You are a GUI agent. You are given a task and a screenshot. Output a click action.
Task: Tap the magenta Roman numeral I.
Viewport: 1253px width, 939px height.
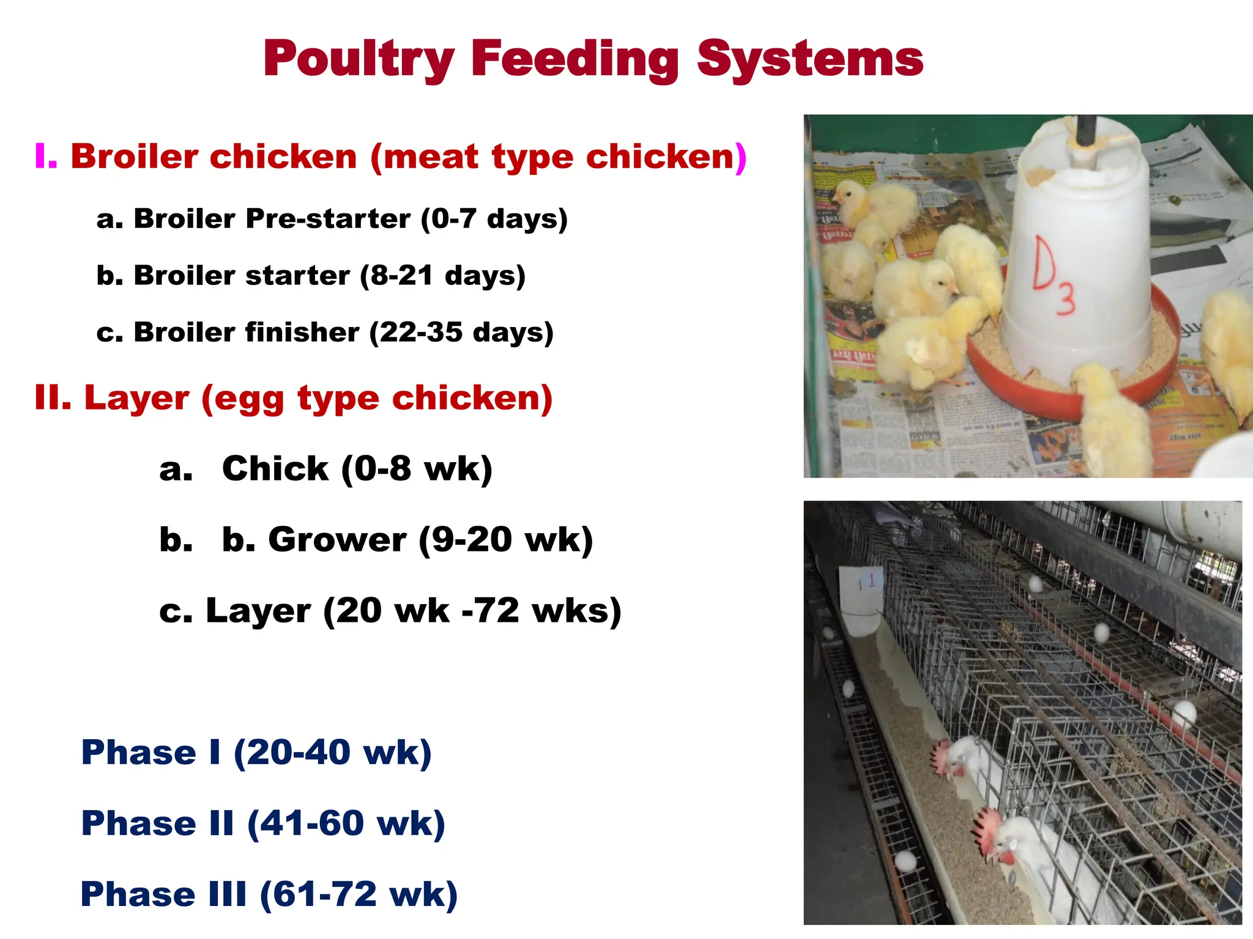click(46, 156)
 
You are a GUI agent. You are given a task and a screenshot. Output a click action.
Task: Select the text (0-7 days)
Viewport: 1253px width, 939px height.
click(494, 219)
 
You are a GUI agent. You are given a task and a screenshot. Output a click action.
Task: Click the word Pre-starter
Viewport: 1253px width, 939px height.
click(328, 219)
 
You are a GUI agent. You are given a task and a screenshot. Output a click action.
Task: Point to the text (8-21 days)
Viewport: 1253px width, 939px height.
click(442, 276)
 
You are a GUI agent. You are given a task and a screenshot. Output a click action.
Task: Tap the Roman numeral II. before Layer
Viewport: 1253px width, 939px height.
click(53, 398)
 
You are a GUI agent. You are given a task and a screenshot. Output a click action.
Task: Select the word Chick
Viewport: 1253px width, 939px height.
click(275, 469)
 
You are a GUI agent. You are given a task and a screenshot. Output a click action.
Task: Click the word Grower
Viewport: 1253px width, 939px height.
click(337, 540)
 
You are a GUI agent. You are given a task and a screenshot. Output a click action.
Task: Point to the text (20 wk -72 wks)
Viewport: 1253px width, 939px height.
click(472, 611)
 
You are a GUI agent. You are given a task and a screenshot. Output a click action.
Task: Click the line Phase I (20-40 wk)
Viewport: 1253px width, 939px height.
click(256, 753)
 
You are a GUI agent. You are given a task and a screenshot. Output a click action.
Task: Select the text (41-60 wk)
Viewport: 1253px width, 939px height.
click(346, 823)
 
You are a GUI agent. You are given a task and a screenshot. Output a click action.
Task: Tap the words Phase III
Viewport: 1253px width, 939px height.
click(163, 894)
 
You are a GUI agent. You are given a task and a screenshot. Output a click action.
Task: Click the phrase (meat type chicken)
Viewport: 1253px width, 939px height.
click(559, 156)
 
